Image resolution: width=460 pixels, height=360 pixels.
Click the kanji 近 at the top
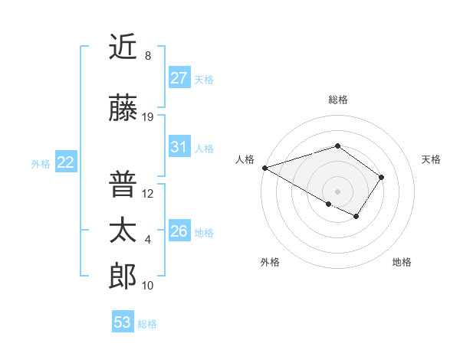point(123,47)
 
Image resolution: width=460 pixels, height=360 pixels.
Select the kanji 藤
point(123,109)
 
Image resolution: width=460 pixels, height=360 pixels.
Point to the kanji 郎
point(123,277)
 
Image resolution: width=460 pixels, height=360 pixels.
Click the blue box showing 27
point(179,77)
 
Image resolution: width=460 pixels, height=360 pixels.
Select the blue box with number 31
point(179,147)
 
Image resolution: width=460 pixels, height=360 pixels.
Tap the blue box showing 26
point(179,231)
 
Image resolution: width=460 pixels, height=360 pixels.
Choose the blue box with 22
point(66,162)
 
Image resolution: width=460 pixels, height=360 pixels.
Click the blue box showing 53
point(123,322)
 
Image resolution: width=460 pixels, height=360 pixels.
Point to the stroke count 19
point(148,117)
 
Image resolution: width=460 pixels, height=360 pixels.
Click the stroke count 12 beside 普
point(148,194)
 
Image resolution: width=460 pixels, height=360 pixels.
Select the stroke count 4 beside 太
point(148,240)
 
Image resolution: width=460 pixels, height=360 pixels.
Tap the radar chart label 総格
point(337,100)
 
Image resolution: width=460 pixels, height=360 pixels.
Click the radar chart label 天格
point(431,159)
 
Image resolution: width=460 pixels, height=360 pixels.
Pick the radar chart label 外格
point(270,263)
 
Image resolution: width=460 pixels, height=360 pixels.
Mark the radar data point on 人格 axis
point(264,167)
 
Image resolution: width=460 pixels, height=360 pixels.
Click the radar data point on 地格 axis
point(356,217)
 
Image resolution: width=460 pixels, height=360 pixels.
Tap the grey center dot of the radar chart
point(337,191)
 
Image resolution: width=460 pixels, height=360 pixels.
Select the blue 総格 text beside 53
point(147,324)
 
